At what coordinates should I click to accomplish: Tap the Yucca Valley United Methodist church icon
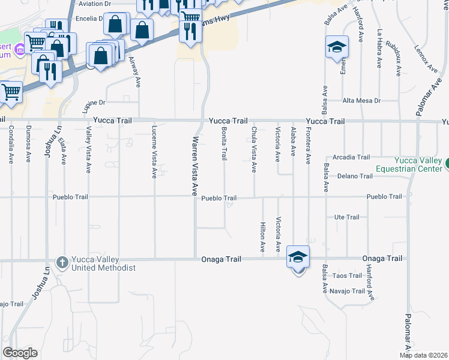[x=62, y=263]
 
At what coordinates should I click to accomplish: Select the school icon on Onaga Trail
[x=298, y=257]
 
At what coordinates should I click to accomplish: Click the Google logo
[x=20, y=353]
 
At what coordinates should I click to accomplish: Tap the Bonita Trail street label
[x=224, y=143]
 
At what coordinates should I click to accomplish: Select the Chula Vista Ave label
[x=255, y=150]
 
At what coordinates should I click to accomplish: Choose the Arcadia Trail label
[x=351, y=157]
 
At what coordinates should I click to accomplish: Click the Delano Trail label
[x=355, y=176]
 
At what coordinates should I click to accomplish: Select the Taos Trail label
[x=348, y=276]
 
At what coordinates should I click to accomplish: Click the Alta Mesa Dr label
[x=361, y=101]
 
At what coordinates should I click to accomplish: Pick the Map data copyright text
[x=424, y=355]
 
